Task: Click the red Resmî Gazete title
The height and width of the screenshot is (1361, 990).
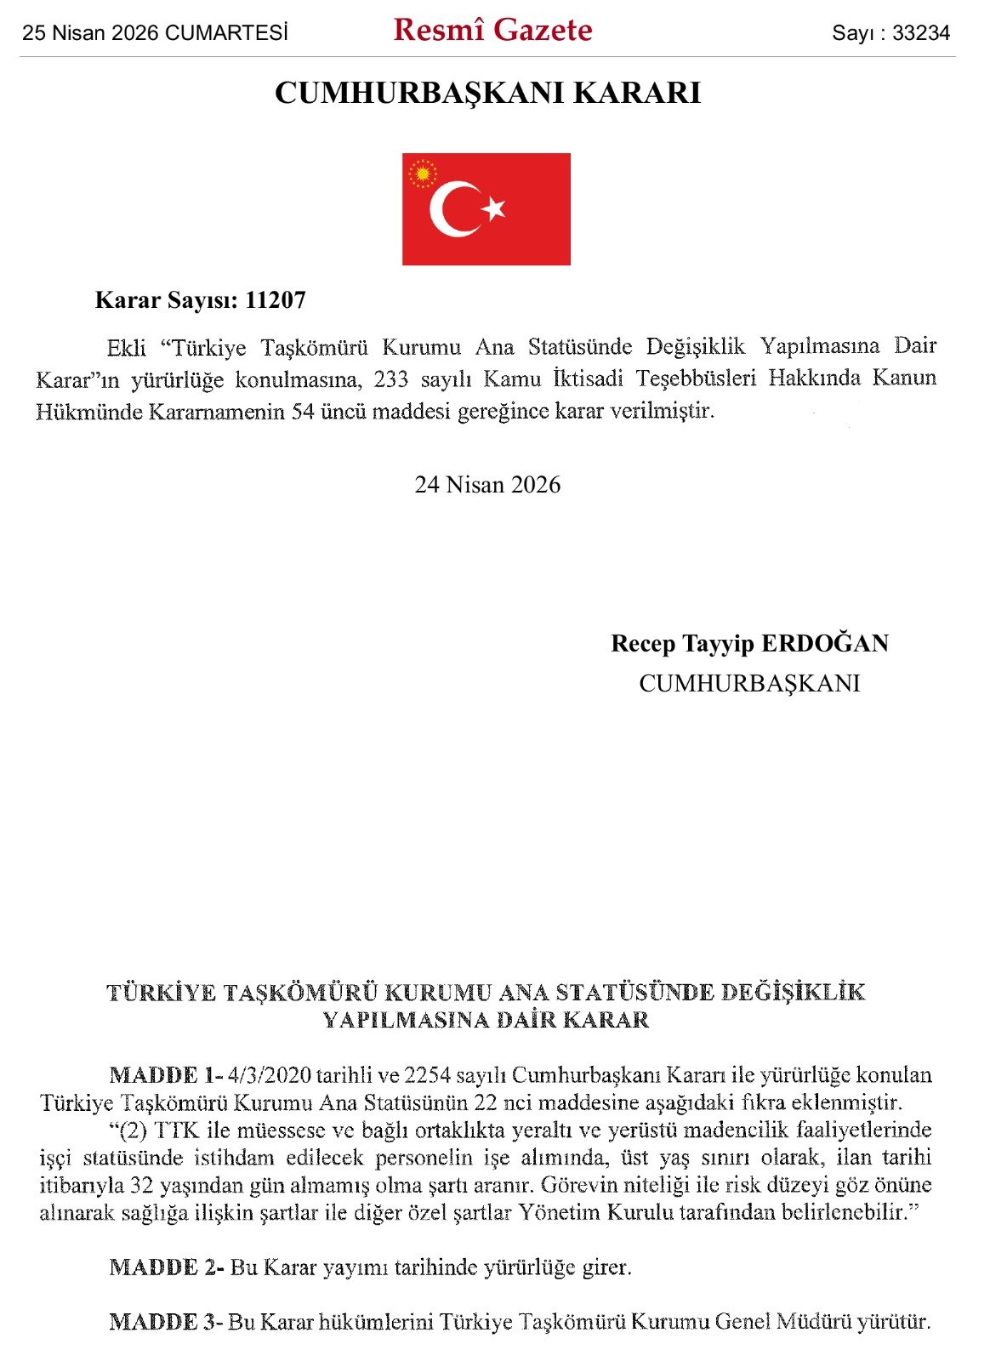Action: (x=492, y=31)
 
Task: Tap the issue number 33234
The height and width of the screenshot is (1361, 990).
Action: (x=920, y=33)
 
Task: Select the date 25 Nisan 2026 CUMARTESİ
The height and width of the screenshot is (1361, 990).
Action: (x=155, y=33)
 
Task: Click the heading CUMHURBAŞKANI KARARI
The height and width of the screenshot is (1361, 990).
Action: (x=487, y=93)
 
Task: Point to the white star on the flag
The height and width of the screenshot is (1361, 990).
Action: (x=493, y=208)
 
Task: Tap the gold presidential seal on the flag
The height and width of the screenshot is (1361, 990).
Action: (x=423, y=174)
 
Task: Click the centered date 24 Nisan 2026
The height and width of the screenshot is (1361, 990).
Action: (x=487, y=485)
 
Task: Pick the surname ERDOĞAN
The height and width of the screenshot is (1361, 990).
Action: (x=824, y=643)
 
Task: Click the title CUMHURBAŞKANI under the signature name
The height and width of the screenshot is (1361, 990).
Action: (x=749, y=683)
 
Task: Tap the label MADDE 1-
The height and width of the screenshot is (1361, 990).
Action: (x=167, y=1074)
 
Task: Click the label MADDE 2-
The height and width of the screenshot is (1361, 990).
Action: (x=167, y=1267)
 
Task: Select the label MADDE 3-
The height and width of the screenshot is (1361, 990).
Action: (x=167, y=1322)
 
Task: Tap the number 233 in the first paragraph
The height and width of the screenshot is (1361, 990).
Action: (x=390, y=379)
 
